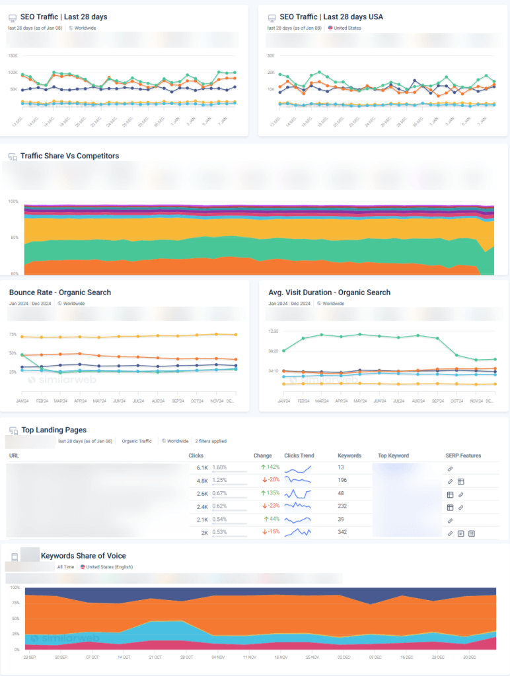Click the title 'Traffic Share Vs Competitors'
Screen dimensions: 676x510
69,156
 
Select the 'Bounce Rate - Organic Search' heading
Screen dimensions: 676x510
60,292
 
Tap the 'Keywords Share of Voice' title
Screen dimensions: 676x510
83,556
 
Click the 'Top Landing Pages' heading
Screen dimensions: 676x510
54,430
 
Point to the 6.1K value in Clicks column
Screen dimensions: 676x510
202,467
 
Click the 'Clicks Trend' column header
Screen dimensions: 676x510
299,456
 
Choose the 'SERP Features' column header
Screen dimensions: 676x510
462,456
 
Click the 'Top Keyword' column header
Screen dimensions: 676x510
393,456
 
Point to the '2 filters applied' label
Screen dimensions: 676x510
211,441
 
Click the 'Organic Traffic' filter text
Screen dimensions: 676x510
137,441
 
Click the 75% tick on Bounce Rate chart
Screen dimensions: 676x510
13,335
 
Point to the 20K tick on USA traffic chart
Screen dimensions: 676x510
270,73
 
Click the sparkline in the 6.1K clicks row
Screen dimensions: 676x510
297,468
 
